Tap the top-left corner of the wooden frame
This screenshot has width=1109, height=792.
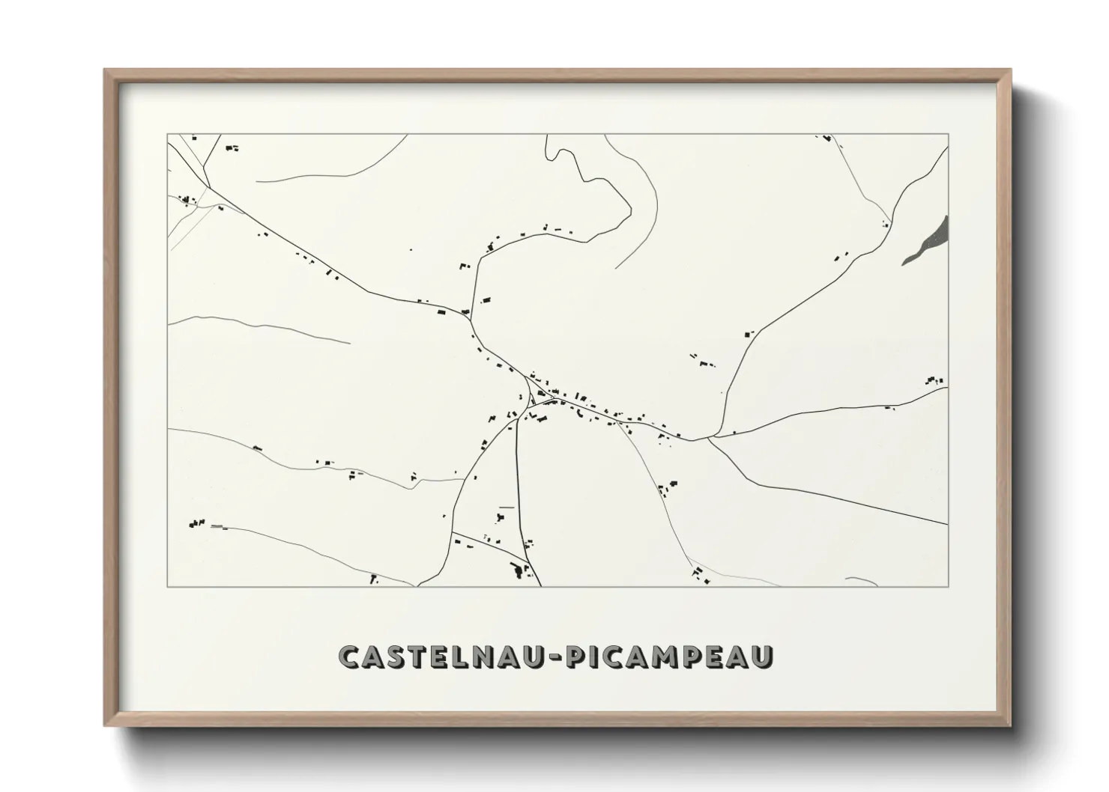105,70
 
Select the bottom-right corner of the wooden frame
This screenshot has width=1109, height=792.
1010,725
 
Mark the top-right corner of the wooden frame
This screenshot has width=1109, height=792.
1010,70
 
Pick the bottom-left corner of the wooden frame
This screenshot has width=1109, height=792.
105,725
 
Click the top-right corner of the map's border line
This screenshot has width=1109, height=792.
949,134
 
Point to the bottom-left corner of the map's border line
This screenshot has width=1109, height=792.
168,586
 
